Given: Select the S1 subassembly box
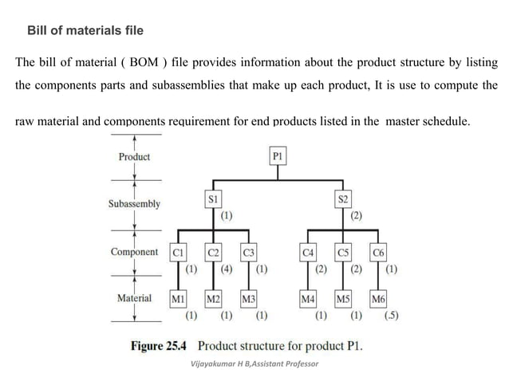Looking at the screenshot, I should coord(212,197).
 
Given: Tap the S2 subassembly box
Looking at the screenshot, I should coord(344,197).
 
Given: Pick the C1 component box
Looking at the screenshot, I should coord(179,253).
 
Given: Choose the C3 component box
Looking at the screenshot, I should coord(249,253).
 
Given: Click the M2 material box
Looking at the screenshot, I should coord(213,300).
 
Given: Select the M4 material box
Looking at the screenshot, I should coord(308,300).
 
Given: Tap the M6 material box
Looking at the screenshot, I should coord(379,300).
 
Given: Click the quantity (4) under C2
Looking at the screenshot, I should coord(227,269).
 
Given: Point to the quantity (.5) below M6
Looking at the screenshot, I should coord(391,315).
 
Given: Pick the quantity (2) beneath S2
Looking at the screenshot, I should coord(357,215).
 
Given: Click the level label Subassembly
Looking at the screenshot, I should coord(134,204).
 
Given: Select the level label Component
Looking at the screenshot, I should coord(134,252).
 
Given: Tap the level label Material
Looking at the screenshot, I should coord(134,299).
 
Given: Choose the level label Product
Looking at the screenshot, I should coord(134,157).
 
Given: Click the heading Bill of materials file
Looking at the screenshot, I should coord(85,31).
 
